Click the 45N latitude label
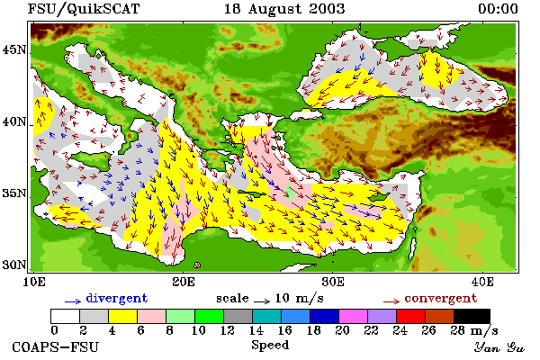(14, 50)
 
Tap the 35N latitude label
(14, 193)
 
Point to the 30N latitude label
(14, 265)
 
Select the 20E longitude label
(184, 282)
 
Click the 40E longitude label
(482, 282)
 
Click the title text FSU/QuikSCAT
(84, 9)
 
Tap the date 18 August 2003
(284, 9)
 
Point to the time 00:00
(498, 9)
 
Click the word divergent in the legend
(117, 298)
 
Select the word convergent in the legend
(441, 298)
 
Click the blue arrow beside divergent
(73, 301)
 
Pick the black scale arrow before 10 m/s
(262, 301)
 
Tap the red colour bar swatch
(410, 316)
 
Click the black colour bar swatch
(472, 316)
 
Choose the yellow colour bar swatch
(122, 316)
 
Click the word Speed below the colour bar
(270, 346)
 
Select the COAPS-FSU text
(56, 347)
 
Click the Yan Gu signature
(499, 347)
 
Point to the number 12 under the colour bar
(228, 330)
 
